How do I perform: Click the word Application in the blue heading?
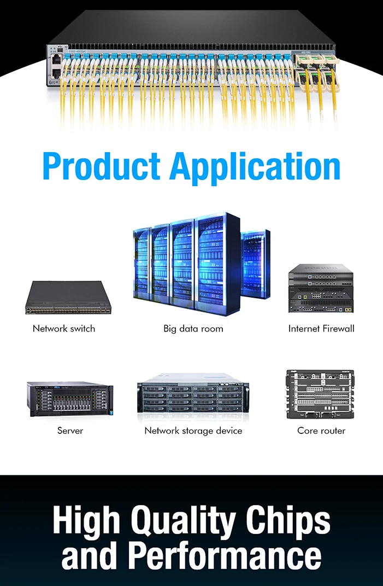(x=255, y=167)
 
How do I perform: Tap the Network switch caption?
(x=64, y=329)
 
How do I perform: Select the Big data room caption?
(x=193, y=329)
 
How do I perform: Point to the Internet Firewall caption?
(x=321, y=329)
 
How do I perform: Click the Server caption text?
(x=70, y=431)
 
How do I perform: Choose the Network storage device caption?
(x=193, y=431)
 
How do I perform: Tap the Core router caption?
(x=321, y=431)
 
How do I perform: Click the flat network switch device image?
(x=68, y=298)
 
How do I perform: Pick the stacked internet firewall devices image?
(x=321, y=288)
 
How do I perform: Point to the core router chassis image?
(x=320, y=394)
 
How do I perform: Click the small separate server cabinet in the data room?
(x=255, y=264)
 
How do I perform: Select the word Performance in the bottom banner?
(x=225, y=556)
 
